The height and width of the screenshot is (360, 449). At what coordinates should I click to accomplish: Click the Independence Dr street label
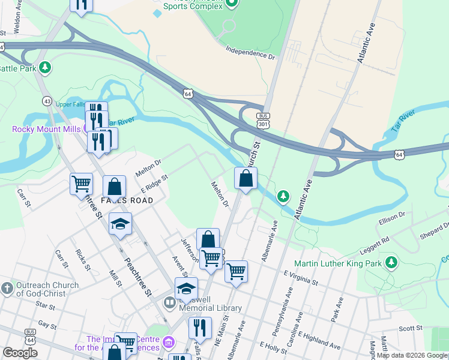pyautogui.click(x=250, y=53)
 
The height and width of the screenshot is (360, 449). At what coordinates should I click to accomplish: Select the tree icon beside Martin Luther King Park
pyautogui.click(x=391, y=262)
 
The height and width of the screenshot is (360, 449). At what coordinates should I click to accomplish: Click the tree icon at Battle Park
pyautogui.click(x=44, y=68)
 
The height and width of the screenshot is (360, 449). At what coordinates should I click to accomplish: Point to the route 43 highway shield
pyautogui.click(x=46, y=100)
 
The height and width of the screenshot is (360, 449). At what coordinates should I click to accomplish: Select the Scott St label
pyautogui.click(x=411, y=328)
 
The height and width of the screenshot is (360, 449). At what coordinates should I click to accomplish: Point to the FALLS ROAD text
pyautogui.click(x=127, y=200)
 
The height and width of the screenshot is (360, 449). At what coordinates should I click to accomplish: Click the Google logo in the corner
pyautogui.click(x=20, y=353)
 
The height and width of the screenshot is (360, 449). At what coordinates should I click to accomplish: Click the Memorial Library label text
pyautogui.click(x=211, y=308)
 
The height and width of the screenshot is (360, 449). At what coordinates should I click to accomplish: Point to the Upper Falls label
pyautogui.click(x=70, y=104)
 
